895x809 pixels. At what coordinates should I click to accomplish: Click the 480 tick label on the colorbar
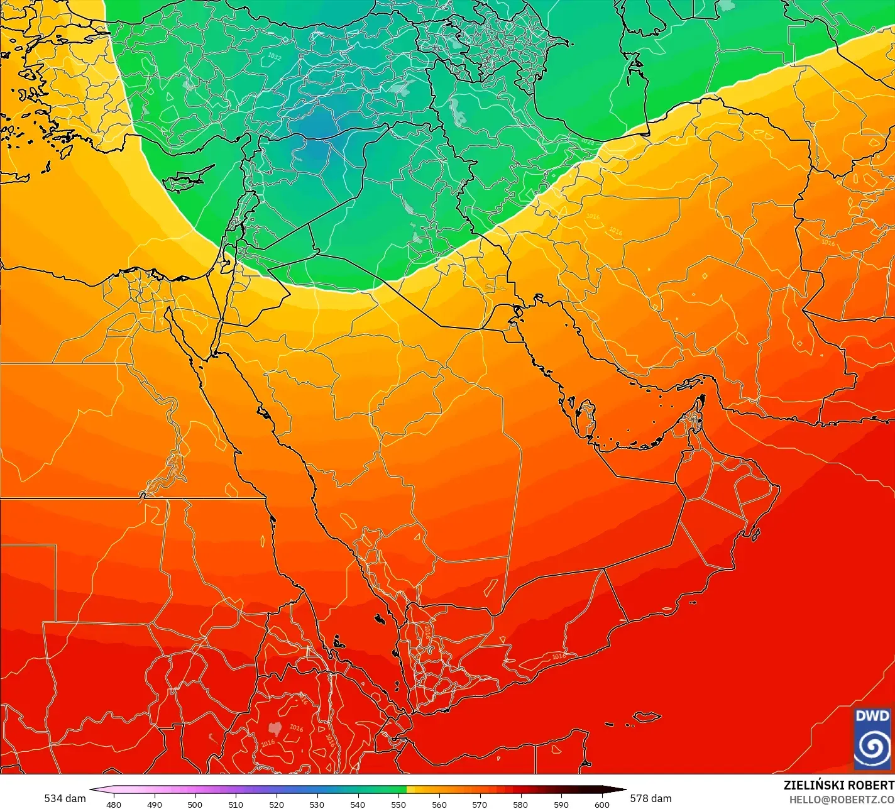click(113, 804)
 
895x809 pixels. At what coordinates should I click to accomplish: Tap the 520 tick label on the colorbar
click(276, 804)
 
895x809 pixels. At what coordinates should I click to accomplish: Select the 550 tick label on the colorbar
click(398, 804)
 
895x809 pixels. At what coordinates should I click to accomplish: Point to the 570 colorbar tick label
click(480, 804)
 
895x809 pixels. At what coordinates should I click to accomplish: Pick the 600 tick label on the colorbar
click(601, 804)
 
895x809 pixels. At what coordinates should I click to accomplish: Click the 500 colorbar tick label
click(195, 804)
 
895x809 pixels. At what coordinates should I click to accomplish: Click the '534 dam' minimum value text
click(65, 798)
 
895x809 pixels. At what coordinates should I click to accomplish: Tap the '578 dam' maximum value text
click(651, 798)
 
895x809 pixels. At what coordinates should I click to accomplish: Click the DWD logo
click(872, 738)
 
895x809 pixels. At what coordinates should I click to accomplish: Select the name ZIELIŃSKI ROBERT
click(838, 785)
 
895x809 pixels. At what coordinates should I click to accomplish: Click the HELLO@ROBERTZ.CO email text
click(842, 799)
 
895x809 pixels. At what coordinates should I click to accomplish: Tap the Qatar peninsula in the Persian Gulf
click(588, 419)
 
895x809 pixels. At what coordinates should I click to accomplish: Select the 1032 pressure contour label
click(274, 57)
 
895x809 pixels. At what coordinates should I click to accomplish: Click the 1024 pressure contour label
click(587, 142)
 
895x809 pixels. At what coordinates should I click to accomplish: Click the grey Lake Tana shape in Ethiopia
click(275, 729)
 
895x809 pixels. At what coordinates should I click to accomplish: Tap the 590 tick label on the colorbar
click(561, 804)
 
